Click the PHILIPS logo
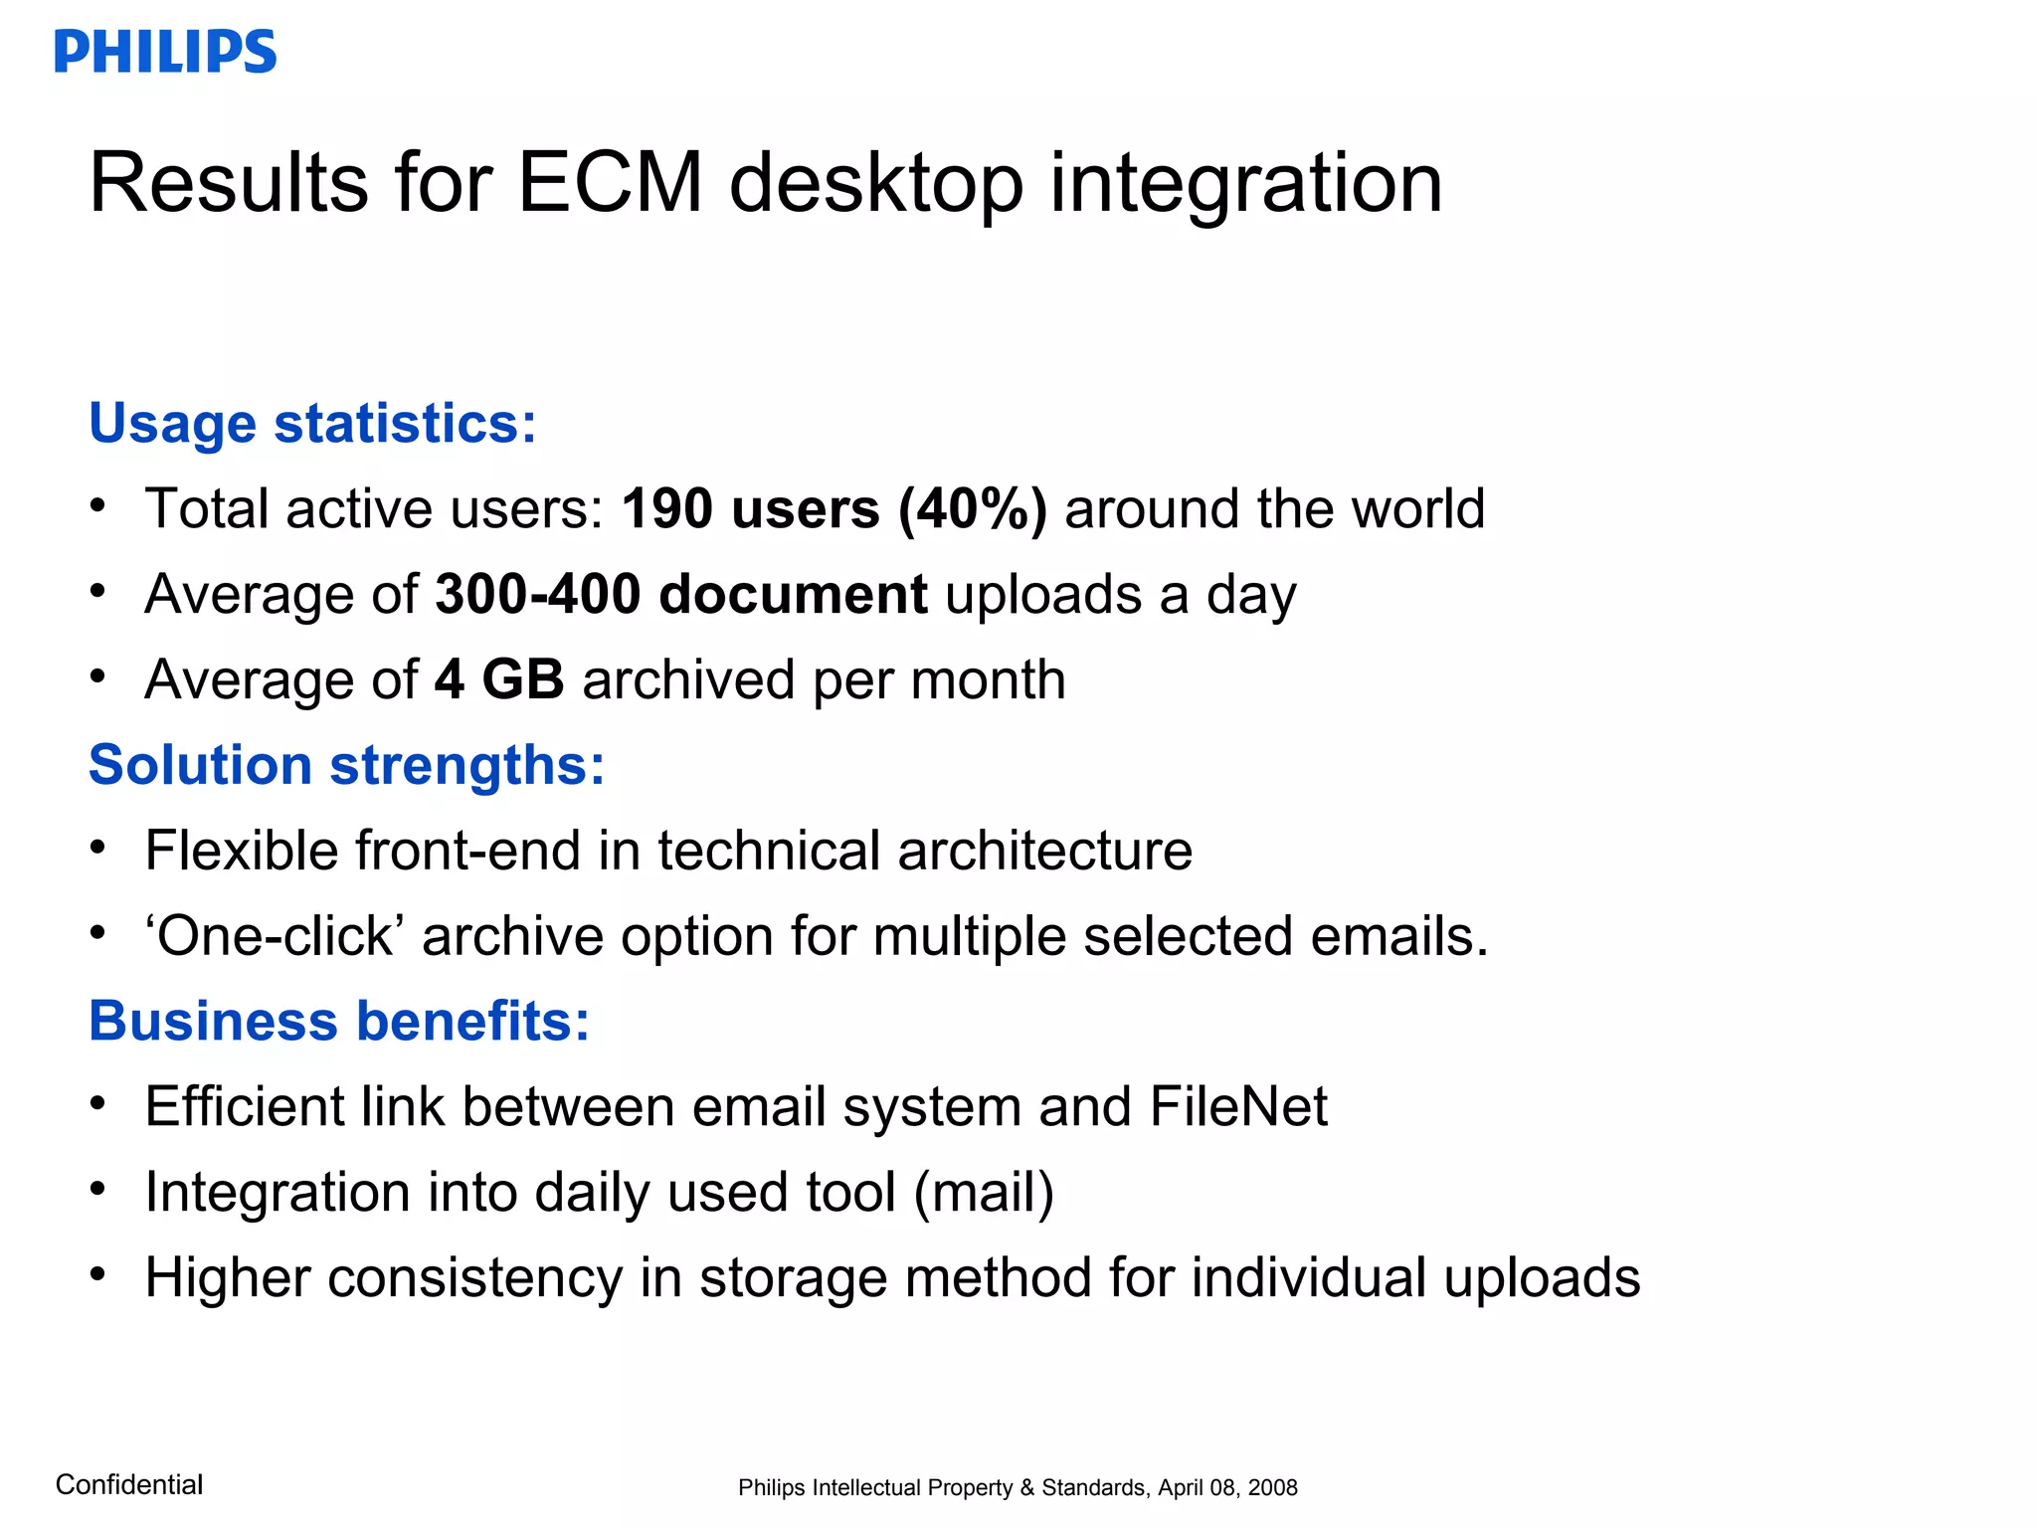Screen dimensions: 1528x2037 coord(165,52)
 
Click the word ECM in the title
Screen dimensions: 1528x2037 coord(611,183)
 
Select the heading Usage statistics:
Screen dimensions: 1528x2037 coord(312,424)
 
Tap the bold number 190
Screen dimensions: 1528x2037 coord(667,509)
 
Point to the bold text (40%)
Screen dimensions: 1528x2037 coord(972,509)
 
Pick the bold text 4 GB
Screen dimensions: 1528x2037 coord(499,680)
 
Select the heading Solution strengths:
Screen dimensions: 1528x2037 coord(346,766)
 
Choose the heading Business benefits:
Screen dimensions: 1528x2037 coord(339,1022)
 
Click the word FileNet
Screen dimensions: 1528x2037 coord(1238,1107)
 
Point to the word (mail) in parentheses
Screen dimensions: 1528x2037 coord(984,1193)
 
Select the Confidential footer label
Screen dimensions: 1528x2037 coord(129,1485)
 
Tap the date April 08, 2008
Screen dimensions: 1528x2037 coord(1227,1488)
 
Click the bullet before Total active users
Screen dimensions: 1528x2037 coord(96,505)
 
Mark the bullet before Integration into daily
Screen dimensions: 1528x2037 coord(96,1189)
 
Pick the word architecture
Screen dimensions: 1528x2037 coord(1044,852)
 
